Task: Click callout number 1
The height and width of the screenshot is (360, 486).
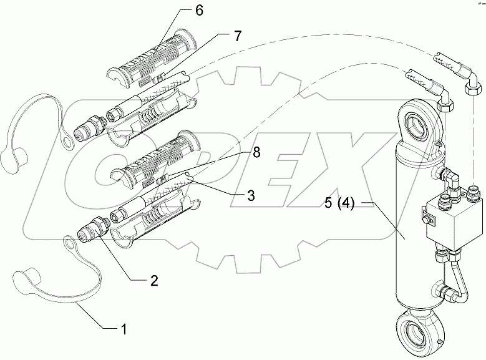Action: click(x=124, y=327)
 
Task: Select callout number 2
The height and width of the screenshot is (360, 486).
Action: click(x=153, y=281)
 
